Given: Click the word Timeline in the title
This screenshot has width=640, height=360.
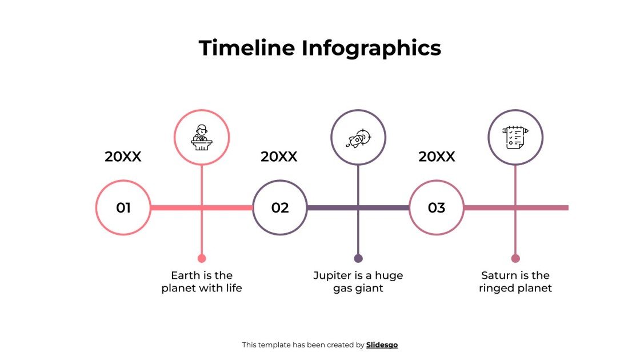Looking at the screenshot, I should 247,48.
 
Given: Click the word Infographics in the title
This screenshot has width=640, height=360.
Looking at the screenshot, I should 371,48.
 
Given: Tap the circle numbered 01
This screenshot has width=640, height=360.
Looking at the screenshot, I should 123,207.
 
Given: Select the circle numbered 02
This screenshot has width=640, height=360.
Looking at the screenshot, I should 280,207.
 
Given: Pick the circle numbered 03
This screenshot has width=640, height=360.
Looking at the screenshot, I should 437,207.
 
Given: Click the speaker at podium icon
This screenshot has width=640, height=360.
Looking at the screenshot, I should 202,138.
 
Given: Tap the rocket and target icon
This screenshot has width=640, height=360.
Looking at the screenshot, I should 358,138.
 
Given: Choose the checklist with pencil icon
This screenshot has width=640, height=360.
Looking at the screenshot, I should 515,138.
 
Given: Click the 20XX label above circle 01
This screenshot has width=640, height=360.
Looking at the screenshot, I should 123,157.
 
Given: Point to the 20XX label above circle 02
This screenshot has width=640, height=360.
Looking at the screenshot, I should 279,157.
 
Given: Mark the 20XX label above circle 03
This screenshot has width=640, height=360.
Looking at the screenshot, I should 437,157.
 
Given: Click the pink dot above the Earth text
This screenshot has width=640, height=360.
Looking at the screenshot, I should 202,258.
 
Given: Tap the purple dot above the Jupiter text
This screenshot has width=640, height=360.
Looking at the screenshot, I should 358,258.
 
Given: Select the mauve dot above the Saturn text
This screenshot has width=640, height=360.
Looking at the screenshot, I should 515,258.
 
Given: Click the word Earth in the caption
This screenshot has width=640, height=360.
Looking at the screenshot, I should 185,275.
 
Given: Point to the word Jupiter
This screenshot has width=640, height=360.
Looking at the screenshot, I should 332,275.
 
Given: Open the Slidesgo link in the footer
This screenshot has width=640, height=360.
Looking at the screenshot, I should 382,345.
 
